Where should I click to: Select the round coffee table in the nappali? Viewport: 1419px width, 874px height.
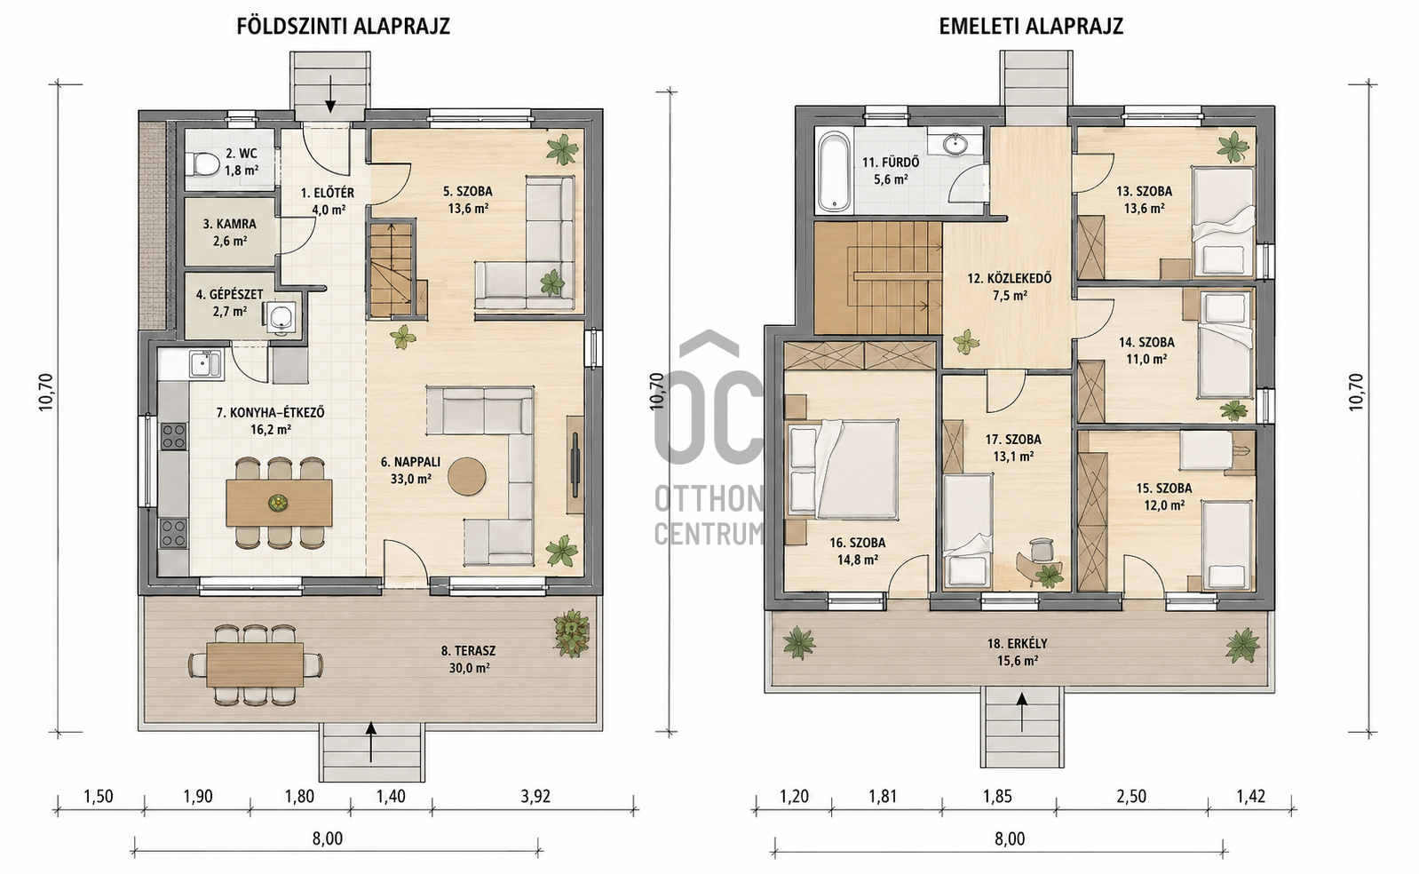coord(467,476)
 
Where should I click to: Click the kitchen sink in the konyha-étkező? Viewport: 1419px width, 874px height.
coord(205,364)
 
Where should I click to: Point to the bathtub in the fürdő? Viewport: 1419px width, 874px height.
coord(834,171)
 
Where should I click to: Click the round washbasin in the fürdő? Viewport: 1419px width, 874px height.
coord(953,144)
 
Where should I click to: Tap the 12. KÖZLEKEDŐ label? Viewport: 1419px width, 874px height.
coord(1009,278)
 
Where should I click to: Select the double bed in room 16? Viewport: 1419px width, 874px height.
coord(843,469)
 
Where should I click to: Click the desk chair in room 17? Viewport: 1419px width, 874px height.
coord(1039,548)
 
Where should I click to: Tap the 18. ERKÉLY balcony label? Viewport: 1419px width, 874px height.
coord(1017,644)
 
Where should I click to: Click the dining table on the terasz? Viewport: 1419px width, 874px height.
coord(255,664)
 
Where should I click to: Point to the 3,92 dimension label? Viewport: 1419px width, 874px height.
coord(535,797)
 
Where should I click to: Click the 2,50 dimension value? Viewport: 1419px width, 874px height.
coord(1131,797)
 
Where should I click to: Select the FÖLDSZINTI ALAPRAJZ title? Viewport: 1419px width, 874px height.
coord(344,27)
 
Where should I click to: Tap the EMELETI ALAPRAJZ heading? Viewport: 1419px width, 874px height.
coord(1031,27)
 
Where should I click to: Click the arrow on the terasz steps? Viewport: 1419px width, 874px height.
coord(370,736)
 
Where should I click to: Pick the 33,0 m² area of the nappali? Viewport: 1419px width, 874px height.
coord(410,479)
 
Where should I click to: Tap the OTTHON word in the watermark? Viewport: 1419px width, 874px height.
coord(709,501)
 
